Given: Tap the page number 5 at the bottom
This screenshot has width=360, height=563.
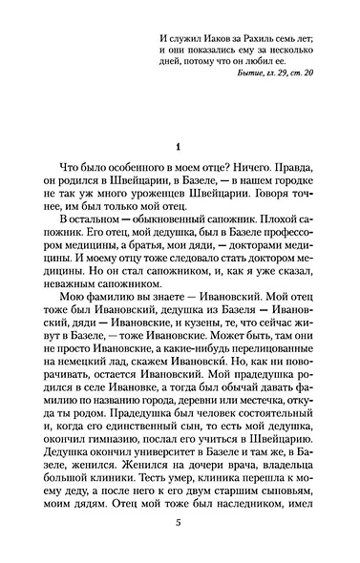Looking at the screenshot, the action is pos(179,523).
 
